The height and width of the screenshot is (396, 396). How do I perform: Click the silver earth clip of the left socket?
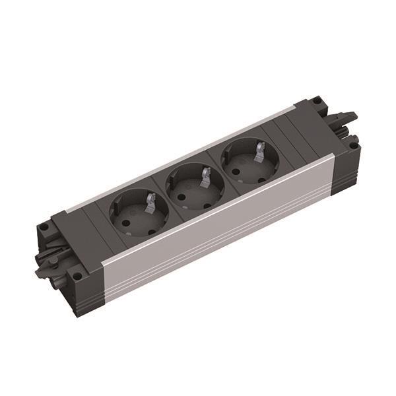click(x=151, y=199)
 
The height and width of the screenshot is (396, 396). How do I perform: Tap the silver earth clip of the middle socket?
click(x=205, y=176)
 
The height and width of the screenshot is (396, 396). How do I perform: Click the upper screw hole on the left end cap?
click(x=44, y=227)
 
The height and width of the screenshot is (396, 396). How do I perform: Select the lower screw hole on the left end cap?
click(x=78, y=275)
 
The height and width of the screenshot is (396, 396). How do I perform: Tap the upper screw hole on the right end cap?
click(x=317, y=102)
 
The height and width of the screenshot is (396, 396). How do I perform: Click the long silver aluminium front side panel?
click(x=218, y=231)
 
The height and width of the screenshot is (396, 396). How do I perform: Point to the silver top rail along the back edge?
click(x=178, y=159)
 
